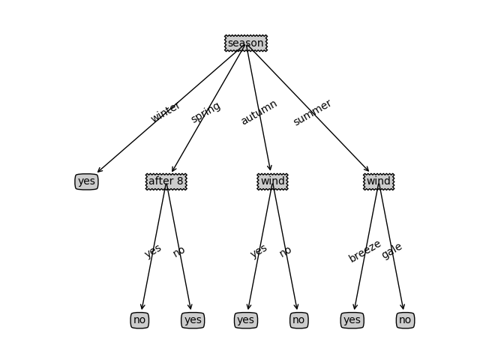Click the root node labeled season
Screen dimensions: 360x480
tap(245, 43)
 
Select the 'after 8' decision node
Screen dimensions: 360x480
tap(166, 181)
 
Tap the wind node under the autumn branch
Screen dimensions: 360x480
tap(272, 181)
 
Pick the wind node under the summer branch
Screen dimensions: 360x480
tap(379, 181)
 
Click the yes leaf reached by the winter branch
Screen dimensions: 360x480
tap(86, 181)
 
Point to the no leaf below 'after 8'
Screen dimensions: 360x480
tap(139, 320)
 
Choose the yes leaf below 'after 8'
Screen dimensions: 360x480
tap(193, 320)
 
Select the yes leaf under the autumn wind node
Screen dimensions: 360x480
tap(245, 320)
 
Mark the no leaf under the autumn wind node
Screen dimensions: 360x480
tap(298, 320)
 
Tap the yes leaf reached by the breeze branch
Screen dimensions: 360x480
tap(352, 320)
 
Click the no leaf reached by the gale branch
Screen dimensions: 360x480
tap(405, 320)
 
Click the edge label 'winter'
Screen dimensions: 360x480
tap(166, 112)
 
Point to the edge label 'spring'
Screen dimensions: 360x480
tap(205, 112)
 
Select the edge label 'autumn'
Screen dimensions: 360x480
tap(259, 112)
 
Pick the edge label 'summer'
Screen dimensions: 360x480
tap(312, 112)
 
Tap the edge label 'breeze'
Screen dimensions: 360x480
tap(364, 251)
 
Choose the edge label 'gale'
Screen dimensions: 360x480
tap(391, 251)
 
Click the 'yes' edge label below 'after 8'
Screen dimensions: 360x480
tap(153, 251)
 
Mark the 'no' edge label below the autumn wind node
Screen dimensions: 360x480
tap(285, 251)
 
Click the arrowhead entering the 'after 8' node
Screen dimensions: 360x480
tap(172, 170)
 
